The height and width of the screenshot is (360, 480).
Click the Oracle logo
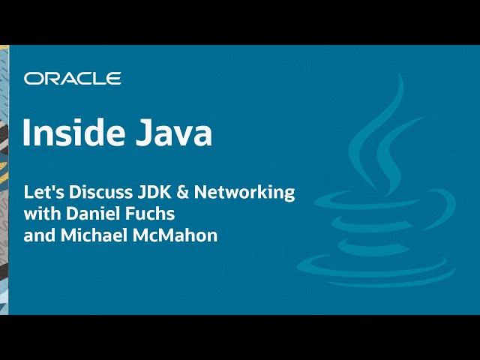coord(72,78)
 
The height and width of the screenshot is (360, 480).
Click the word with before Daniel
coord(40,213)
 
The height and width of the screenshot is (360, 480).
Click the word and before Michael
coord(38,235)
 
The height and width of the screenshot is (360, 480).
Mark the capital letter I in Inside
coord(27,133)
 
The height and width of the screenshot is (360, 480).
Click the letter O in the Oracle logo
coord(32,78)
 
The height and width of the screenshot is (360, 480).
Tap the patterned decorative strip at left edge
coord(4,180)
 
